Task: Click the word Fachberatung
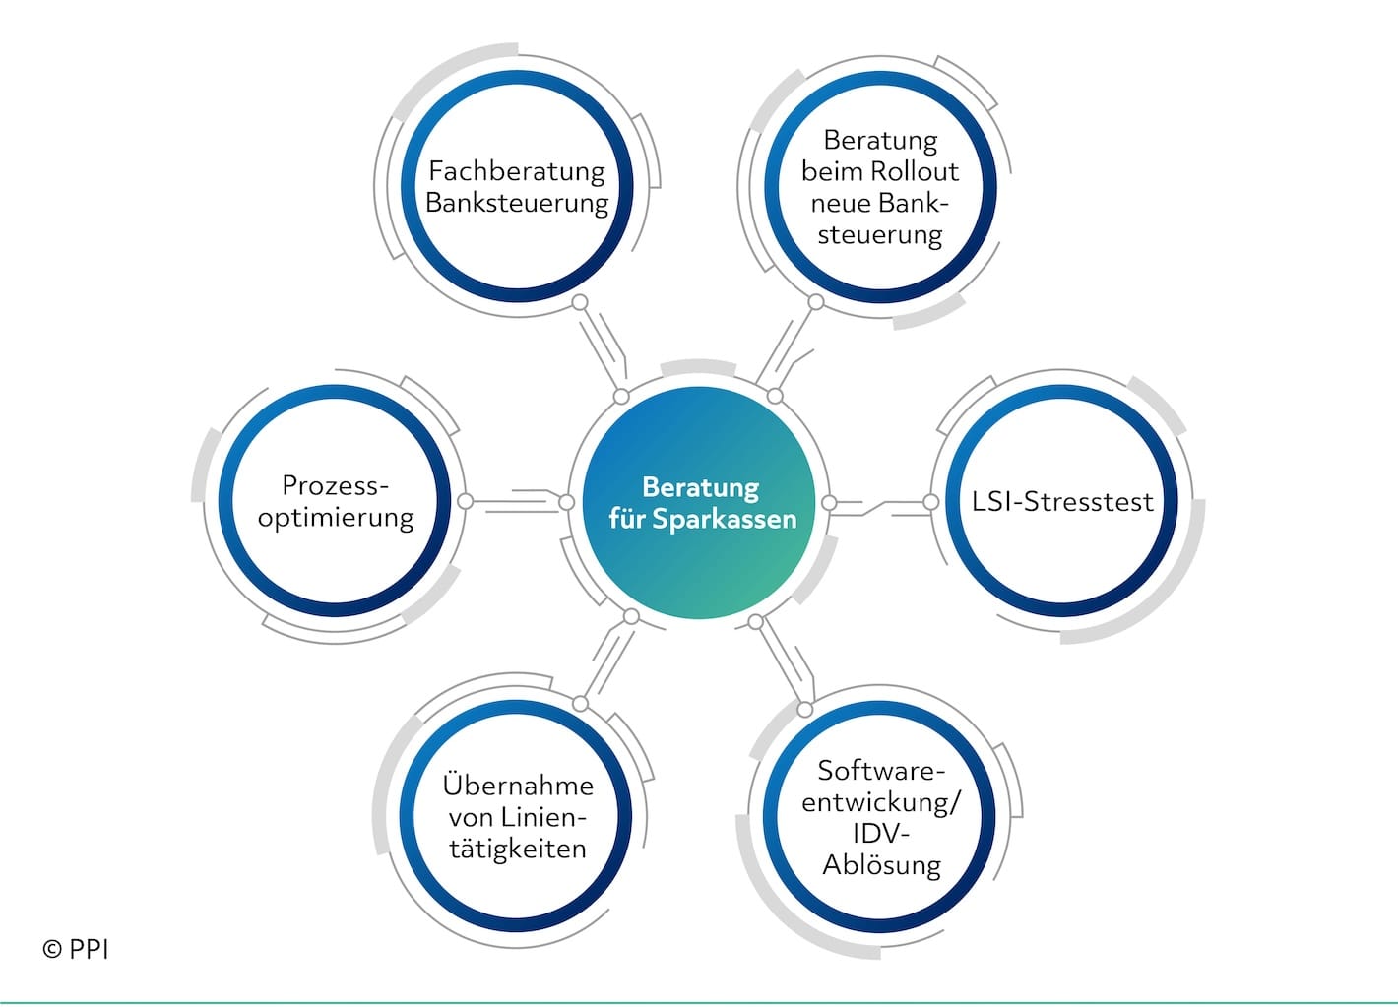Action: point(517,171)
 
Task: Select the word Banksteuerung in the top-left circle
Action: point(517,203)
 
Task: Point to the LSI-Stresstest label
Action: point(1062,502)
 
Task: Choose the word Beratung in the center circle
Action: point(700,487)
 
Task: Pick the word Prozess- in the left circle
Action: point(336,485)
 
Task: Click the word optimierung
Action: point(336,518)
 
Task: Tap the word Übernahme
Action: point(518,786)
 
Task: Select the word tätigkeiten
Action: point(518,849)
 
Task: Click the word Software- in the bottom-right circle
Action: point(881,770)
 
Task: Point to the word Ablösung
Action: point(882,865)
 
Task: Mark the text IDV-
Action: point(881,834)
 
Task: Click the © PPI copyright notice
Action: point(76,949)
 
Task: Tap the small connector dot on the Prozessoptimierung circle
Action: point(466,502)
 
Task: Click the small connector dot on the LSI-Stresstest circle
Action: point(930,502)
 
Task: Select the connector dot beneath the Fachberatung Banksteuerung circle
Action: point(580,302)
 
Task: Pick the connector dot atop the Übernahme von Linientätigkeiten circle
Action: point(580,703)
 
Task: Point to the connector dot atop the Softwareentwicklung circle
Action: point(805,709)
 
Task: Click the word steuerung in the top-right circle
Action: point(880,235)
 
